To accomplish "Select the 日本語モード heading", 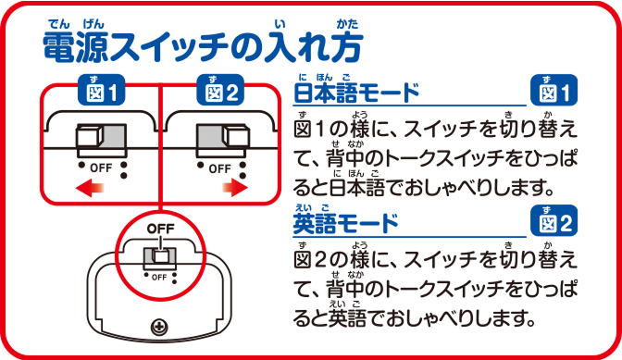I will (x=356, y=93).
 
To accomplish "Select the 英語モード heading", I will (x=345, y=223).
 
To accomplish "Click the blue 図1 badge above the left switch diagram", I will (x=102, y=93).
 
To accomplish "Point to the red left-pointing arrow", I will (x=90, y=189).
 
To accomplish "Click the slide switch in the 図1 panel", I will (x=102, y=139).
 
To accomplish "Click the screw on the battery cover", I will (x=159, y=326).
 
